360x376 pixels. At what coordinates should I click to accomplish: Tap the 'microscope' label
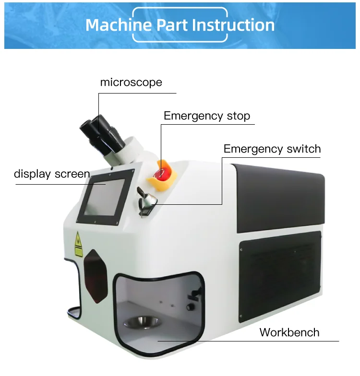click(131, 82)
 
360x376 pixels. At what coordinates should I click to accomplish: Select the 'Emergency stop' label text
click(207, 116)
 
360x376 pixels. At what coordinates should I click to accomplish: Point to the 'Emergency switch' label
click(272, 149)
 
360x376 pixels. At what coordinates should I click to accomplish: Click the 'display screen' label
click(52, 174)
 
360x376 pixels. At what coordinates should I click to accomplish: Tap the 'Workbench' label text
click(289, 332)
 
